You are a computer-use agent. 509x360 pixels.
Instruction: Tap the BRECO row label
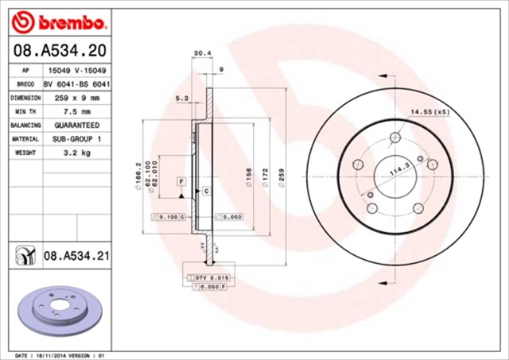coord(25,83)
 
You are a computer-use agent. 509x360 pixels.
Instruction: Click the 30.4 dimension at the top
coord(202,55)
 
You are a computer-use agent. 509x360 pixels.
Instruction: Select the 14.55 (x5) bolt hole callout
coord(429,112)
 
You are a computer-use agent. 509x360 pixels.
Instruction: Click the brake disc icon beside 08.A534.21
coord(25,256)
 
